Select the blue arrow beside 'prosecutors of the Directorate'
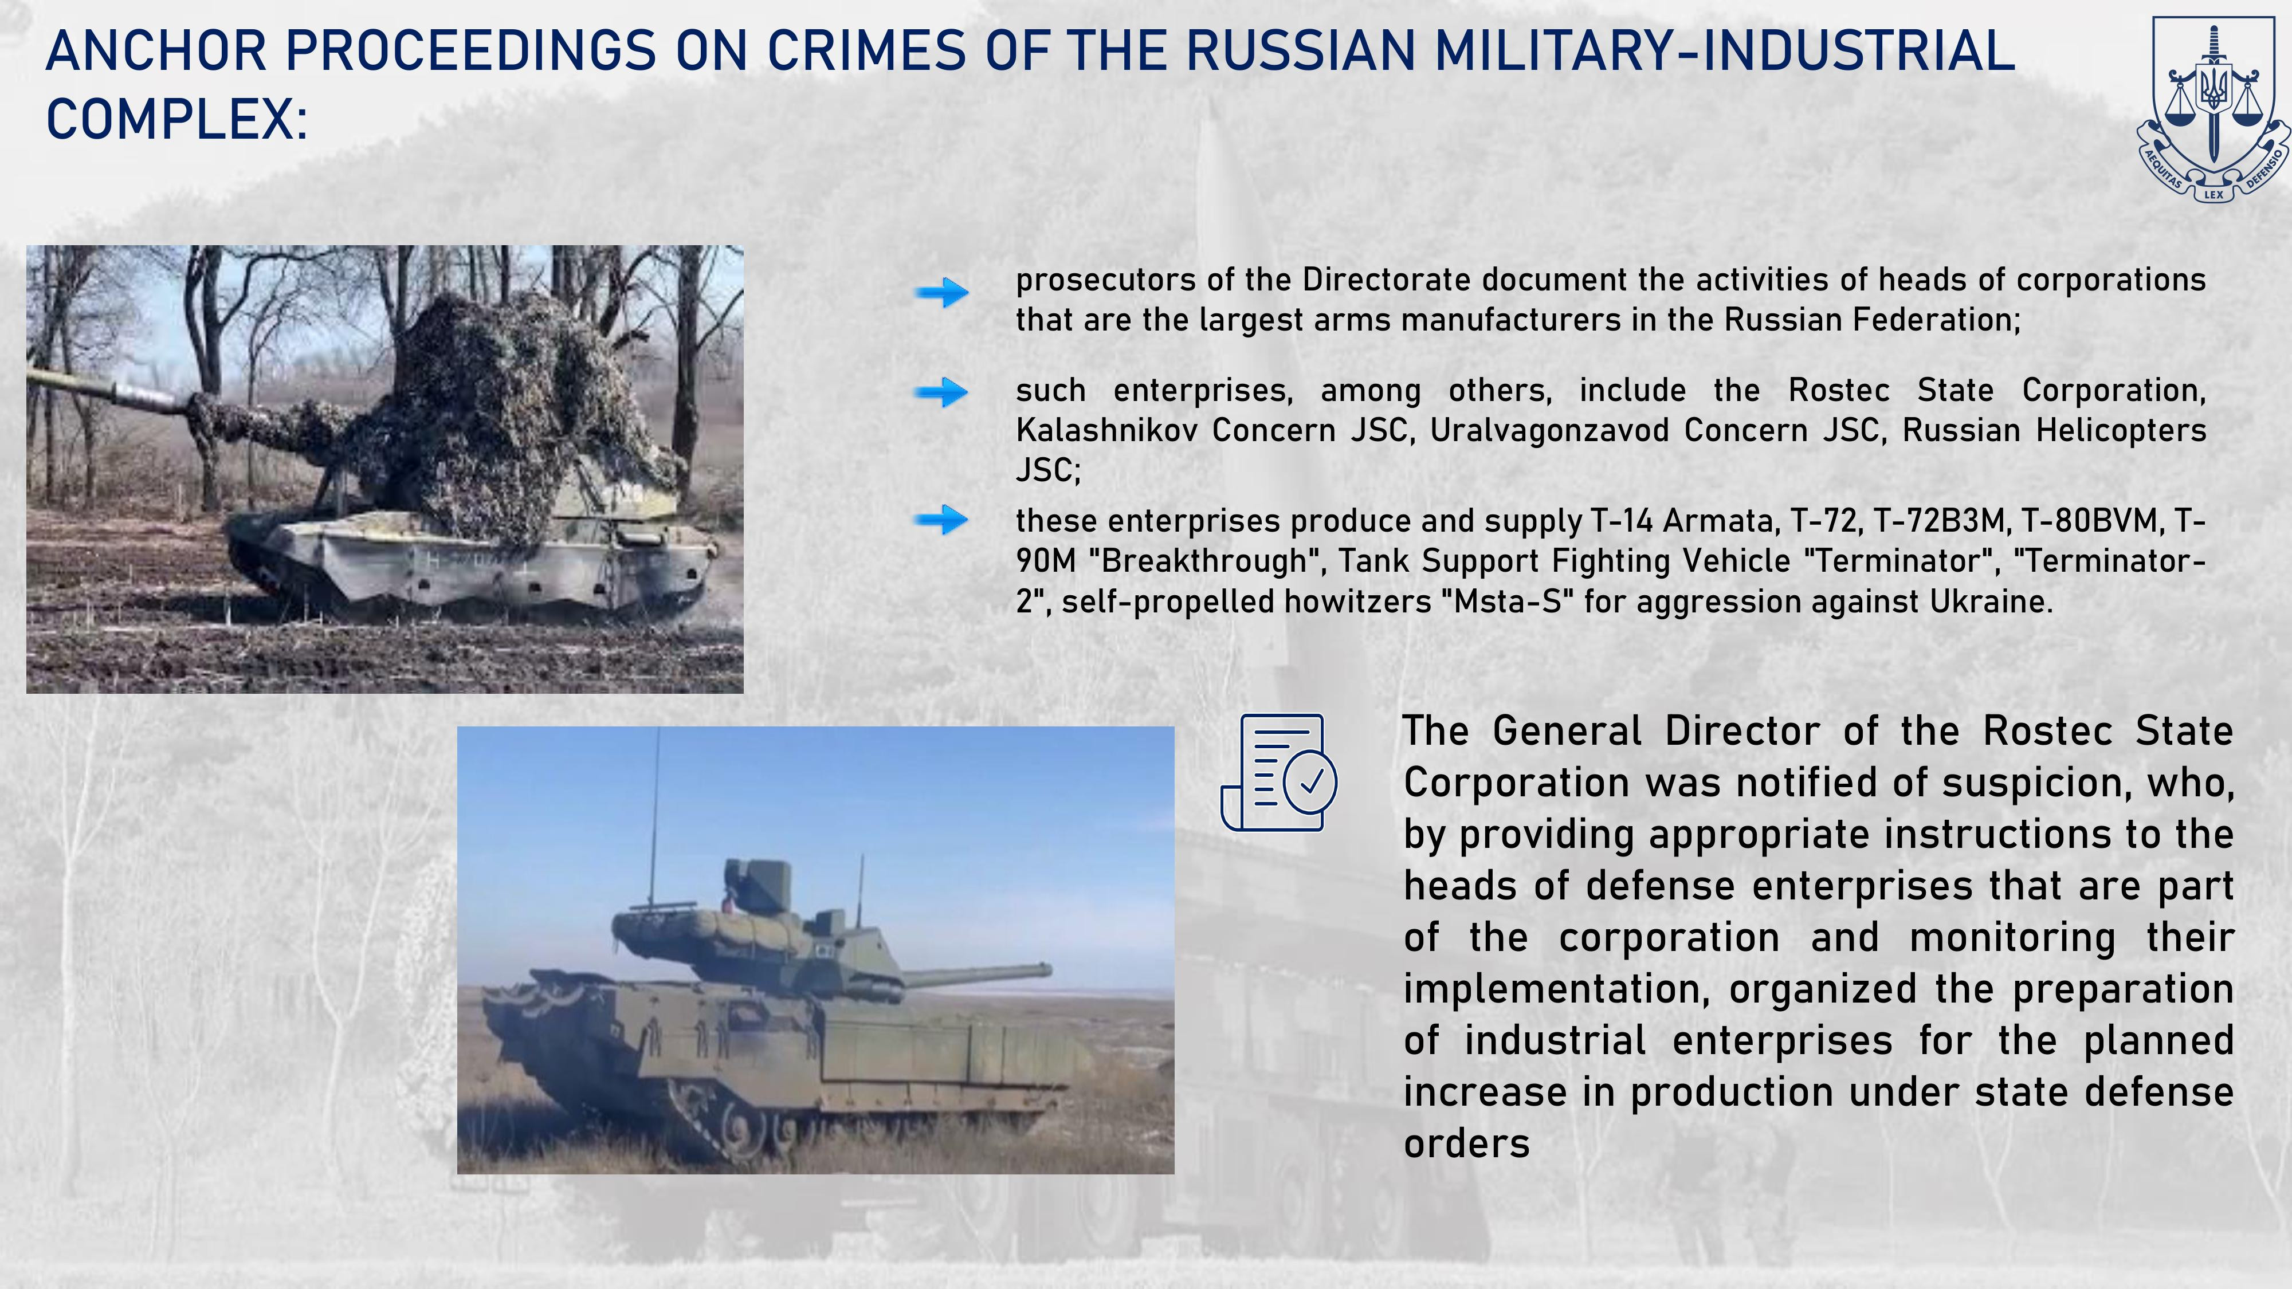pyautogui.click(x=941, y=292)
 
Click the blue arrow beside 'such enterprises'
pyautogui.click(x=941, y=391)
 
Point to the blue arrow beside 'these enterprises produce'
pyautogui.click(x=941, y=520)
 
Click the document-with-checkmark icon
pyautogui.click(x=1278, y=772)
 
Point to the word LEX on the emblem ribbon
pyautogui.click(x=2213, y=194)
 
